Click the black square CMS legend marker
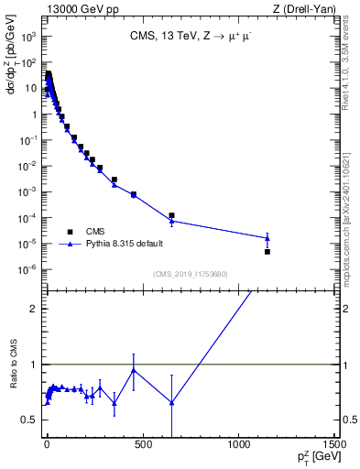70,232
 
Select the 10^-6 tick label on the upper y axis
28,269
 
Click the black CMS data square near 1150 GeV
267,251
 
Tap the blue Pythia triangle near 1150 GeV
267,238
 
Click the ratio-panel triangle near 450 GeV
134,370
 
